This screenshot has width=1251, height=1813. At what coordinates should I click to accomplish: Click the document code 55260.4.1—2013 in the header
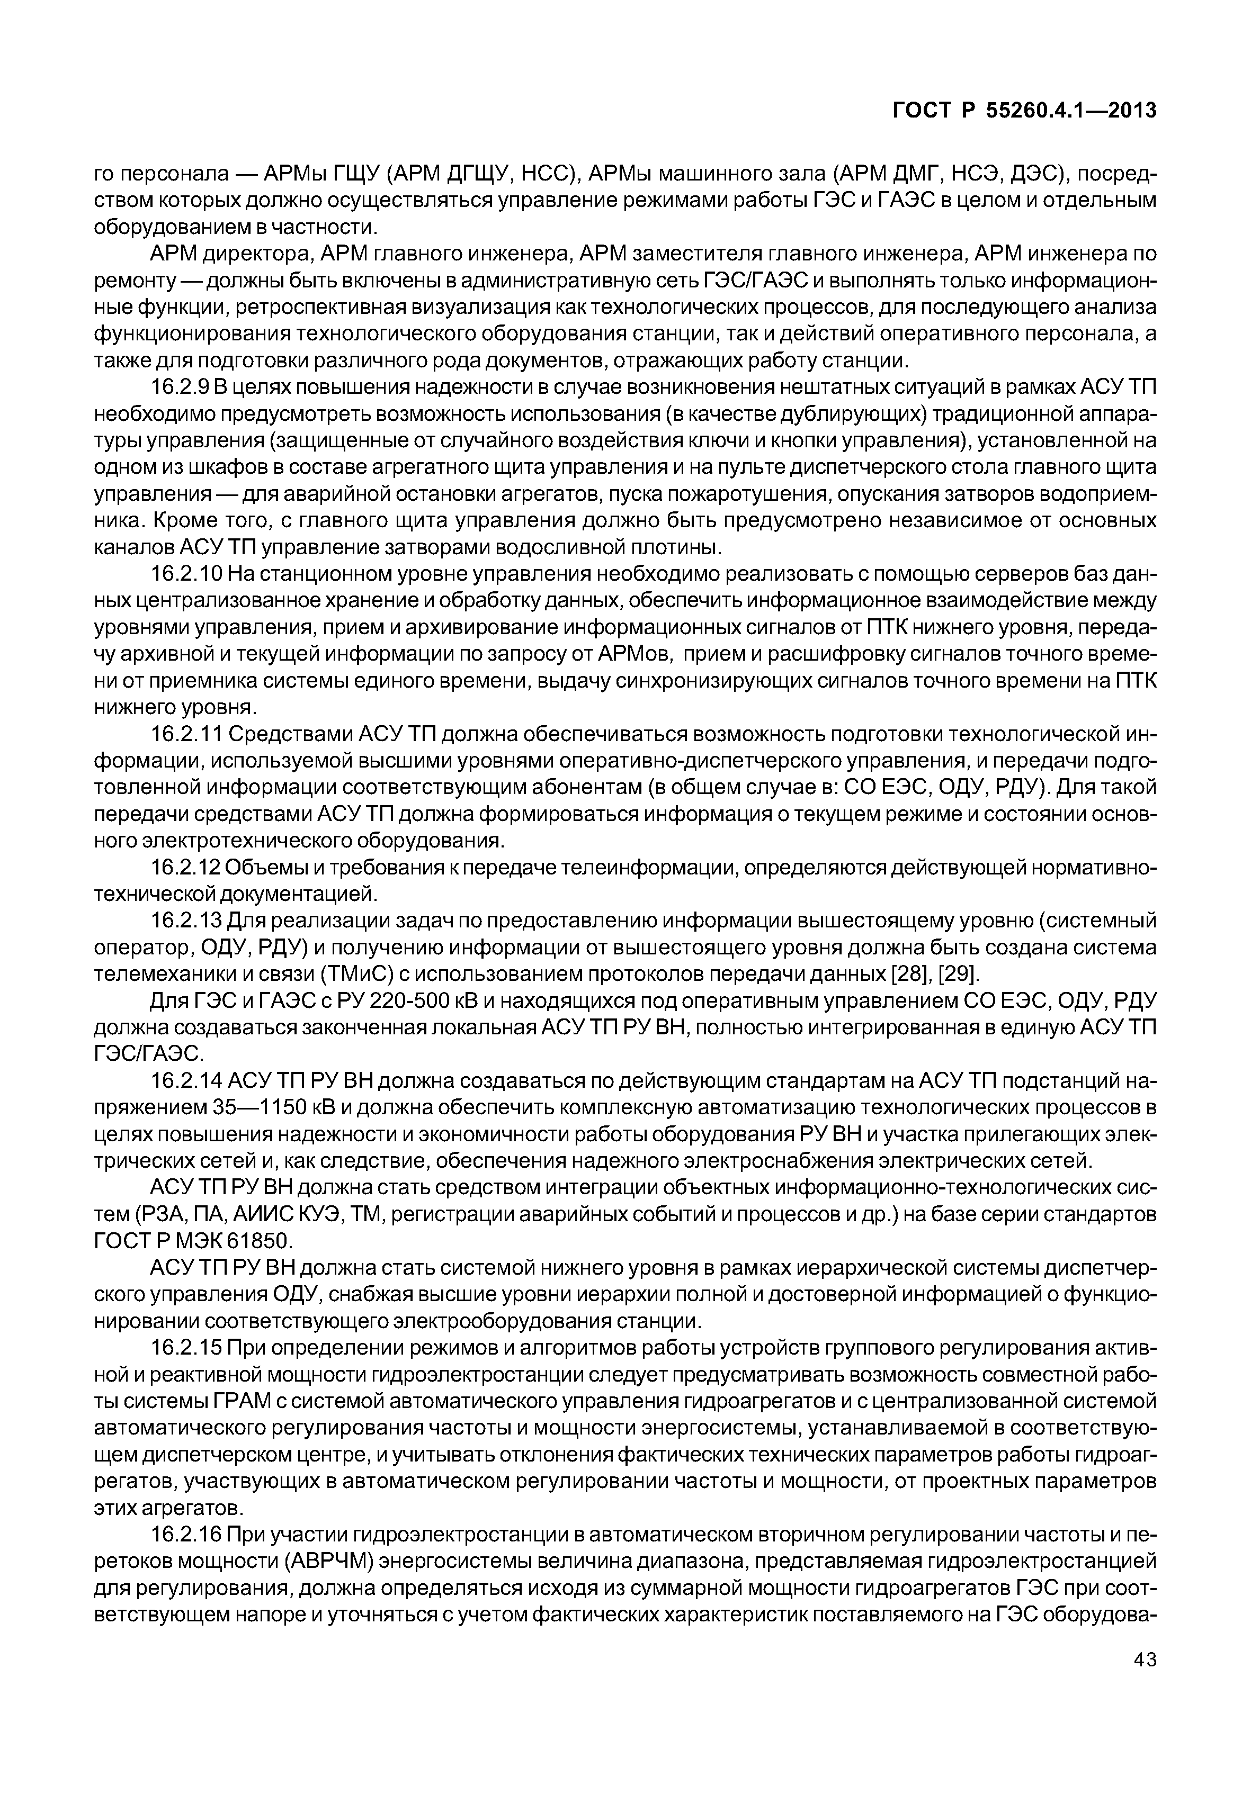coord(1071,111)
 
